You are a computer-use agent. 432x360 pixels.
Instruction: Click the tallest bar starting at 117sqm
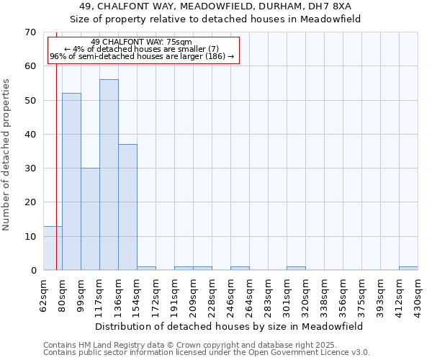109,175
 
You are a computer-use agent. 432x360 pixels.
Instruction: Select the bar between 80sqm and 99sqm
71,181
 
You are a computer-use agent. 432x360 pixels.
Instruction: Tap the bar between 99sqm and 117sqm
90,219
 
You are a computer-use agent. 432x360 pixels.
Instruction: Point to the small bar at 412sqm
408,269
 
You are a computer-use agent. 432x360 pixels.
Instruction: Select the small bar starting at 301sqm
296,269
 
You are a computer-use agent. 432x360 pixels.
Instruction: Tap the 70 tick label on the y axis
30,32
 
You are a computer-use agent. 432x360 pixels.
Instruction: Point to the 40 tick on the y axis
30,135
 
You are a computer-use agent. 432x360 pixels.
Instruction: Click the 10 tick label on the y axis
30,237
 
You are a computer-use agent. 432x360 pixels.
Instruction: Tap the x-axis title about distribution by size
230,326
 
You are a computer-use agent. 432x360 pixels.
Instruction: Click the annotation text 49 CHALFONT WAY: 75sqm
142,42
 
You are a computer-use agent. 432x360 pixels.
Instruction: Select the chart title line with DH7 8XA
215,6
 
